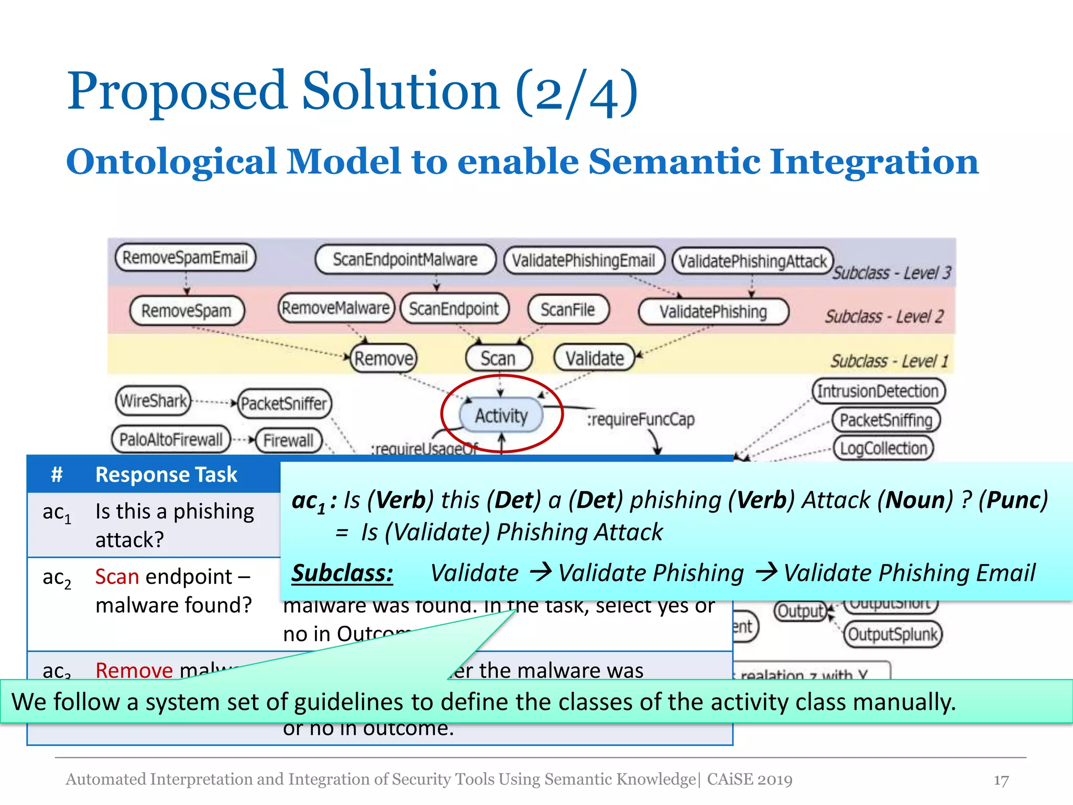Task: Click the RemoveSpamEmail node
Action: [185, 257]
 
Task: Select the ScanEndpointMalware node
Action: [405, 259]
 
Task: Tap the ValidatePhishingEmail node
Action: [583, 260]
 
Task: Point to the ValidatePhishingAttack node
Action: [752, 261]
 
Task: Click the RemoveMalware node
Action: [335, 308]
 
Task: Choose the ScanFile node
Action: [568, 309]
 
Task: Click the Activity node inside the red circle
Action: [501, 416]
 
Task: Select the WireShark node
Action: [153, 401]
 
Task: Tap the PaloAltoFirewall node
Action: [171, 439]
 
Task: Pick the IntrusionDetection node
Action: [878, 391]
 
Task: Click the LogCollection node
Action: [883, 449]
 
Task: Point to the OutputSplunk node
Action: [892, 635]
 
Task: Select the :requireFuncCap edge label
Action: [640, 419]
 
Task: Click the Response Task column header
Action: [166, 474]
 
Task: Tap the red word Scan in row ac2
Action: [117, 576]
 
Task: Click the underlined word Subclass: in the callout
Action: [342, 573]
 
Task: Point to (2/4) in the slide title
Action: [576, 93]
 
